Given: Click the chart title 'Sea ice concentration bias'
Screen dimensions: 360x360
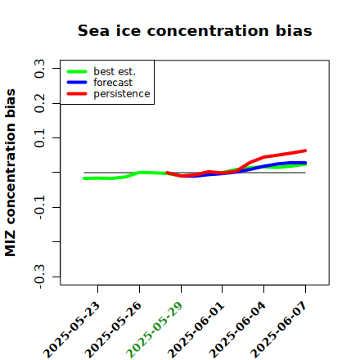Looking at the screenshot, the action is point(195,30).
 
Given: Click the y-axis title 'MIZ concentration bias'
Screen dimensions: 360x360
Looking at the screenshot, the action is point(10,173).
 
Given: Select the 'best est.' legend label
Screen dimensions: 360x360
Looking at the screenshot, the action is point(115,71).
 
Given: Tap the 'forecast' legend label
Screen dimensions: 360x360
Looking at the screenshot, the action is point(113,83).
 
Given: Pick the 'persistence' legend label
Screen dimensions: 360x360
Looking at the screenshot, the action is point(122,94).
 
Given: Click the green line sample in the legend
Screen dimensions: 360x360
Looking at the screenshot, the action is point(77,71).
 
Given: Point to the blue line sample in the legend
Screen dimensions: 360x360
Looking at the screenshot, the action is point(77,83).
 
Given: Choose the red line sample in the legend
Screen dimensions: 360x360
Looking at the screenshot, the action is point(77,94).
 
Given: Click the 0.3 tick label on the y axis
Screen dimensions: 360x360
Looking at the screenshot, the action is point(39,69).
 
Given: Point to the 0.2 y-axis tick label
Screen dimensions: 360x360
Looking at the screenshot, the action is point(39,103).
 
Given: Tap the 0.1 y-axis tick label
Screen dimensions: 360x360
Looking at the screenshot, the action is point(39,138).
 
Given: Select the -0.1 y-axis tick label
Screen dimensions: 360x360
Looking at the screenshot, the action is point(39,208).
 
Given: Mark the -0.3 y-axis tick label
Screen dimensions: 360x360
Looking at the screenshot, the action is point(39,277).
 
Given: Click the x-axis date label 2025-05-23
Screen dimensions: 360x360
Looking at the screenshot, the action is point(72,330).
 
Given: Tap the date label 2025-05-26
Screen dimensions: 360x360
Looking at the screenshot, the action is point(113,330).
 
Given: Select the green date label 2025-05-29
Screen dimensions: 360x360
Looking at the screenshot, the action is point(155,330).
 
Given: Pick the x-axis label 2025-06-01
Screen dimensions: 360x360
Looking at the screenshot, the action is point(196,330).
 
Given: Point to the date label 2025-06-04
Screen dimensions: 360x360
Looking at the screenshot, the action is point(237,330).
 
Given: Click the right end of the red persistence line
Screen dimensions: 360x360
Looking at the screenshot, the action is point(305,151).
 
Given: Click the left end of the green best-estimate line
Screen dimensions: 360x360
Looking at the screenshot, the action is point(84,178).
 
